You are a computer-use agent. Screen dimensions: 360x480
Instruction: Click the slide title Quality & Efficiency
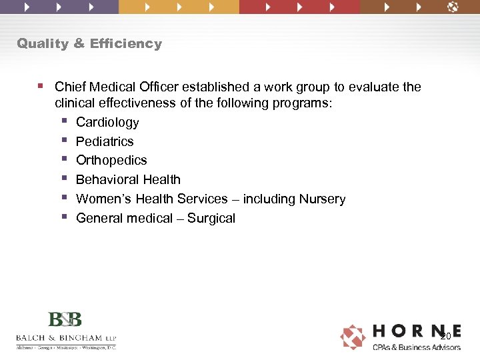(x=89, y=44)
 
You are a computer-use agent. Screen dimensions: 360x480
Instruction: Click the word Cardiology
(x=107, y=123)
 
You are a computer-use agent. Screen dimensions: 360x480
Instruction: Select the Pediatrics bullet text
(x=105, y=142)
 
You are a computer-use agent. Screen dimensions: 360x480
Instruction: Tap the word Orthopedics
(x=111, y=161)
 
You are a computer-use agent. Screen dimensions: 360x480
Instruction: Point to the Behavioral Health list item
(x=128, y=180)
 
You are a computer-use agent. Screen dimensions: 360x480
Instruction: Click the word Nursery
(x=323, y=199)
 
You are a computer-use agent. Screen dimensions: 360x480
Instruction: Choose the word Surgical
(x=211, y=219)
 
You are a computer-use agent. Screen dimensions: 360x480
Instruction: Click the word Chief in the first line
(x=69, y=87)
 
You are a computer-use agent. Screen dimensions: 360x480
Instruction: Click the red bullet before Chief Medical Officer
(x=41, y=86)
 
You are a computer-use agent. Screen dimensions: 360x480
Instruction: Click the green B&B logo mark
(x=65, y=319)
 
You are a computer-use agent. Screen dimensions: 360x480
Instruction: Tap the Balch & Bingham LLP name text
(x=65, y=338)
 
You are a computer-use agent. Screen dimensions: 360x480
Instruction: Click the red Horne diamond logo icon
(x=353, y=337)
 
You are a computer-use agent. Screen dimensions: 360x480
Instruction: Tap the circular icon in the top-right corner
(x=453, y=7)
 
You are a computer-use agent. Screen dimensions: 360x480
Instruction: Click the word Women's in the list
(x=101, y=199)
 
